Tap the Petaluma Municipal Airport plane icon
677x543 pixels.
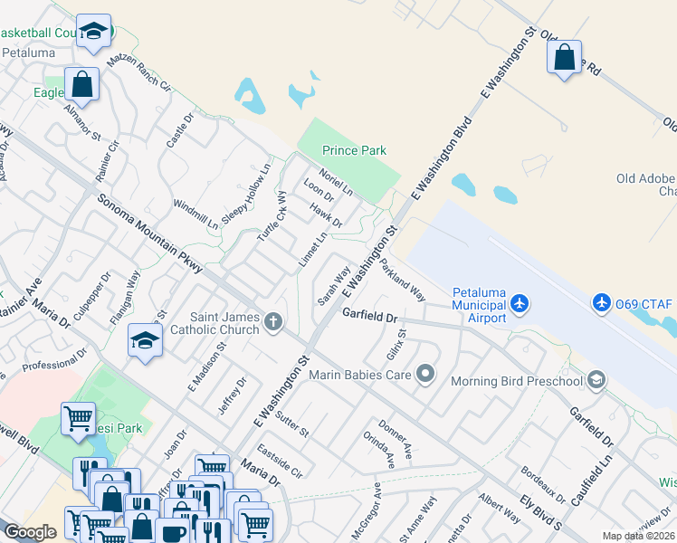pyautogui.click(x=520, y=302)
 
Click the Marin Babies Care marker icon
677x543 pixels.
pyautogui.click(x=425, y=374)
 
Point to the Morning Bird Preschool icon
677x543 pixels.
pyautogui.click(x=596, y=380)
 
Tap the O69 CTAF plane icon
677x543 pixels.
pyautogui.click(x=602, y=302)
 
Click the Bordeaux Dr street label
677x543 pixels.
pyautogui.click(x=541, y=487)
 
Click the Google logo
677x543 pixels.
pyautogui.click(x=30, y=532)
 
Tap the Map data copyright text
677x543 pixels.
pyautogui.click(x=638, y=536)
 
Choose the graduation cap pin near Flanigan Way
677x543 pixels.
pyautogui.click(x=145, y=342)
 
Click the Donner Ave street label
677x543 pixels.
pyautogui.click(x=396, y=437)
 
